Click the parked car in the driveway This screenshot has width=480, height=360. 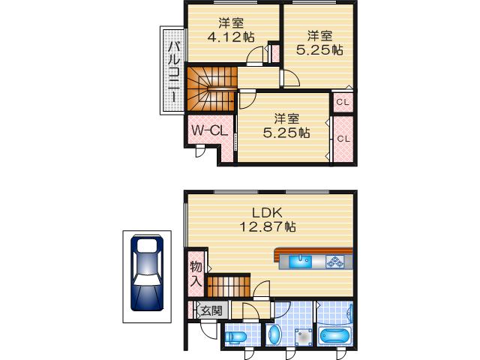tap(146, 274)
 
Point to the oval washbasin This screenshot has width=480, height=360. tap(274, 334)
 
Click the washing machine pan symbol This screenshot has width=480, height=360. tap(303, 337)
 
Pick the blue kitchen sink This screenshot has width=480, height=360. tap(300, 262)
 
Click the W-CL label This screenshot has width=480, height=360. tap(208, 130)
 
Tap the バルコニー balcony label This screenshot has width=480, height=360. tap(172, 72)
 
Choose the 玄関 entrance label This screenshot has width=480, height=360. tap(211, 310)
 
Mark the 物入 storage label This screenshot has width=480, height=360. tap(195, 274)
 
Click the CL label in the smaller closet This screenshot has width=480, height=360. tap(342, 102)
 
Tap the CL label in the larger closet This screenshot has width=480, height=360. tap(343, 139)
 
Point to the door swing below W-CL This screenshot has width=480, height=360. tap(199, 151)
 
